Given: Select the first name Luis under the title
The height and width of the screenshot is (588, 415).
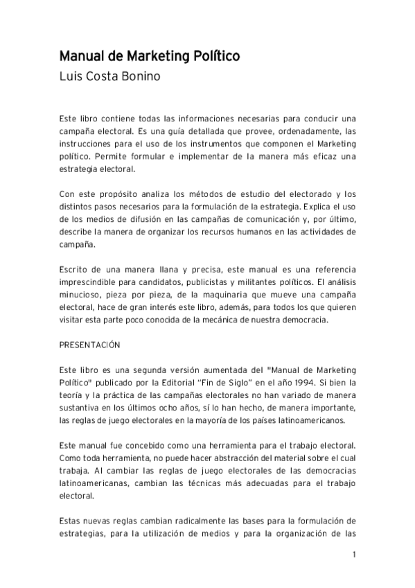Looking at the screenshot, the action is [x=71, y=76].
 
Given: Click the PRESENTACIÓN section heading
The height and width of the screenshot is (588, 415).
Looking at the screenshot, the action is [x=90, y=344].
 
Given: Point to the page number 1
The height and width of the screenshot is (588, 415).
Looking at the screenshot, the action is [x=354, y=554].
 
